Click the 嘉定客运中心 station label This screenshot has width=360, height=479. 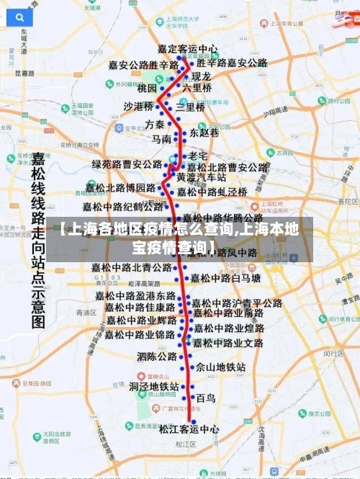point(187,50)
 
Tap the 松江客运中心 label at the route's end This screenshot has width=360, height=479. point(190,429)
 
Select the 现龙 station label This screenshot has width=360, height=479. point(200,76)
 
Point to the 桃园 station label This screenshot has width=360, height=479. point(147,89)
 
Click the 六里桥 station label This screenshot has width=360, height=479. point(197,88)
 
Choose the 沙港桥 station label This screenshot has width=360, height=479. point(139,106)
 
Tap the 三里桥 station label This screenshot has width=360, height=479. point(191,107)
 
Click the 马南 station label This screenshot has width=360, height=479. point(161,138)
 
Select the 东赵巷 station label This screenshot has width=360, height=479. point(204,133)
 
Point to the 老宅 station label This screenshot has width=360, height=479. point(198,156)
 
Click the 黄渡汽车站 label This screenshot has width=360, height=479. point(202,177)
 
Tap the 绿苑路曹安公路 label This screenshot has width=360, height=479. point(127,165)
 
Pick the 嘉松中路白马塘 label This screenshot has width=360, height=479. point(230,277)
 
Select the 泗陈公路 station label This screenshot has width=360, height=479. point(157,357)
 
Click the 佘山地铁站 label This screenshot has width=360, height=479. point(221,367)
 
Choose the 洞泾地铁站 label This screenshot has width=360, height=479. point(153,387)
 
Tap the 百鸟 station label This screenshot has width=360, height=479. point(205,398)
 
